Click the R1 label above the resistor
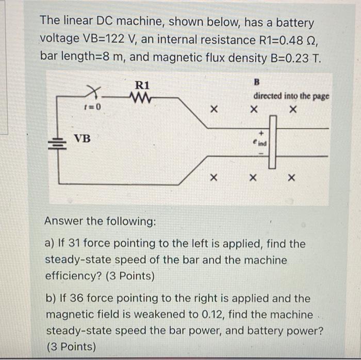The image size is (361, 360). pos(142,84)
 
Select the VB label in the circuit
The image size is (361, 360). pos(81,139)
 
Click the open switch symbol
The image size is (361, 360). pos(94,93)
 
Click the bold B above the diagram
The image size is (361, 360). pos(257,82)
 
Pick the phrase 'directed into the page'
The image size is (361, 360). pos(291,96)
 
